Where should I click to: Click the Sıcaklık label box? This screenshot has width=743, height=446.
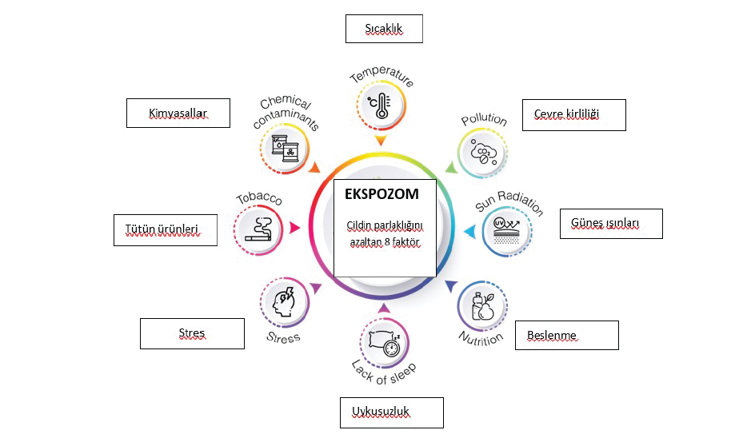(x=383, y=29)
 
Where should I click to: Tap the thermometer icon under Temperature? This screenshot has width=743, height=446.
(x=380, y=104)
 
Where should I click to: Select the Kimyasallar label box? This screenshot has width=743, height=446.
(x=178, y=113)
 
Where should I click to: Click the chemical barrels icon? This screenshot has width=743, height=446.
(x=286, y=148)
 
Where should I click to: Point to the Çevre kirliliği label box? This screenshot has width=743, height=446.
(x=573, y=115)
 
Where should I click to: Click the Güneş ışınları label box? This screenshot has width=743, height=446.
(x=610, y=223)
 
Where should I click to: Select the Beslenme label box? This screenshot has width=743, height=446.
(x=566, y=335)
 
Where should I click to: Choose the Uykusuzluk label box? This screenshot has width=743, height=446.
(x=391, y=412)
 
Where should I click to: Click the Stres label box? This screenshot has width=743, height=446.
(x=192, y=333)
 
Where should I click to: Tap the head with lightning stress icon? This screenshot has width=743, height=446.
(x=284, y=303)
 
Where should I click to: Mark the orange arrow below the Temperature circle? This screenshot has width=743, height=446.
(x=381, y=140)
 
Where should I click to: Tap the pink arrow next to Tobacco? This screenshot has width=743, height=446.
(x=294, y=228)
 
